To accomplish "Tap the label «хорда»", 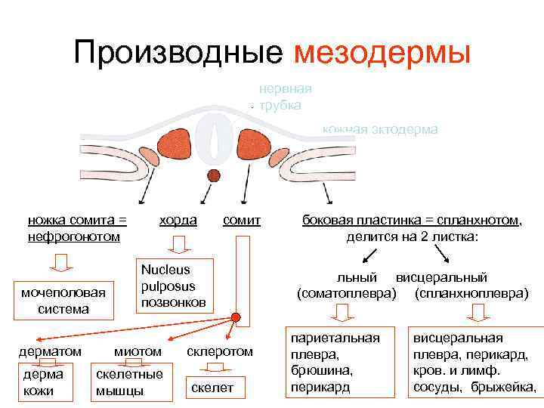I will click(178, 220).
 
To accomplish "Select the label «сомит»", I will click(242, 220).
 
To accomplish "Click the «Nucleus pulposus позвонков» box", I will click(174, 286).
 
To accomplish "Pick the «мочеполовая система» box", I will click(64, 301).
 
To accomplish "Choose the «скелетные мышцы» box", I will click(128, 382).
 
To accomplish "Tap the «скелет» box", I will click(212, 388).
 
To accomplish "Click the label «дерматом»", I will click(49, 351).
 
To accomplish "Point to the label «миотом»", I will click(138, 351).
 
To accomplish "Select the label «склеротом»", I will click(220, 351).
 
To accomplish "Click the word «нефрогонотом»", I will click(74, 236).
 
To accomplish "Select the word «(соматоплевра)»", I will click(346, 292).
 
